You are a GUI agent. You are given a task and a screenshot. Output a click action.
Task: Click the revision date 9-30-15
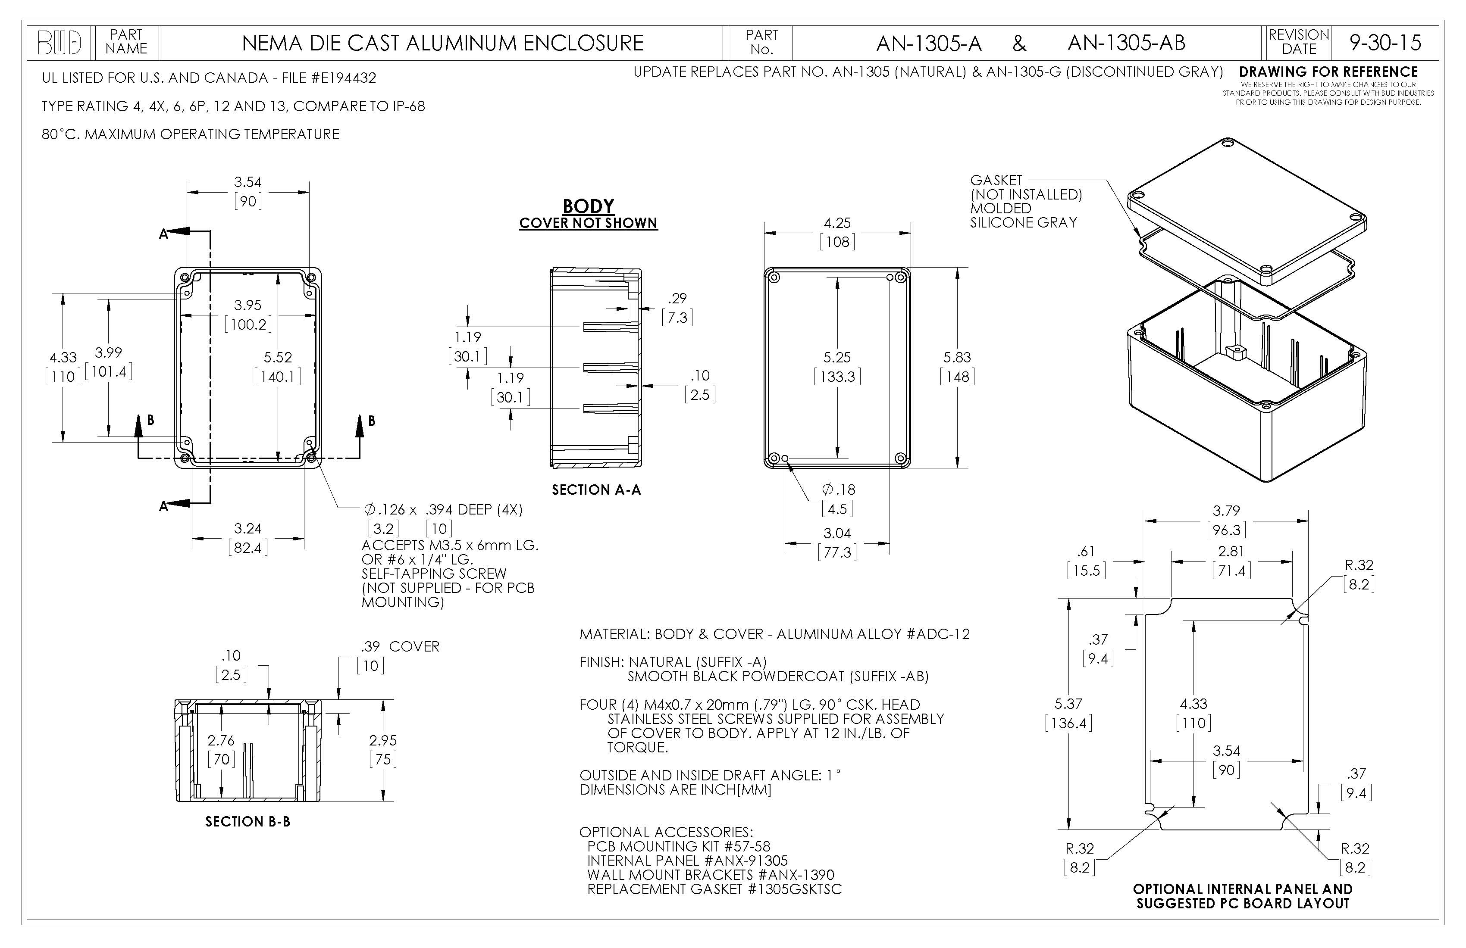click(1385, 43)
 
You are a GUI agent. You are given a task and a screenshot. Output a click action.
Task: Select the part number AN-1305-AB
click(1126, 43)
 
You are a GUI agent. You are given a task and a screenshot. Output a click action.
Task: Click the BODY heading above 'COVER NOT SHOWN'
click(588, 206)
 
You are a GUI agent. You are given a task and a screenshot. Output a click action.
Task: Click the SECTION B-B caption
click(247, 822)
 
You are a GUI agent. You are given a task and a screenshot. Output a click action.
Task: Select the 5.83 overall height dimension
click(957, 358)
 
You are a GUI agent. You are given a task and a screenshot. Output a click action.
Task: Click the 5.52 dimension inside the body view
click(278, 358)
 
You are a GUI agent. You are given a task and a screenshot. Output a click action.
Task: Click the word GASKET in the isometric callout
click(996, 181)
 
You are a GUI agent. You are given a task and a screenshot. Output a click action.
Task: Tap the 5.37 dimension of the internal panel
click(1068, 704)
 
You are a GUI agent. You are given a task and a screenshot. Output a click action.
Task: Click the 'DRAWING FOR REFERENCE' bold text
click(1328, 72)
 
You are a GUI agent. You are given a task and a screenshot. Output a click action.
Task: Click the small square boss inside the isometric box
click(1234, 352)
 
